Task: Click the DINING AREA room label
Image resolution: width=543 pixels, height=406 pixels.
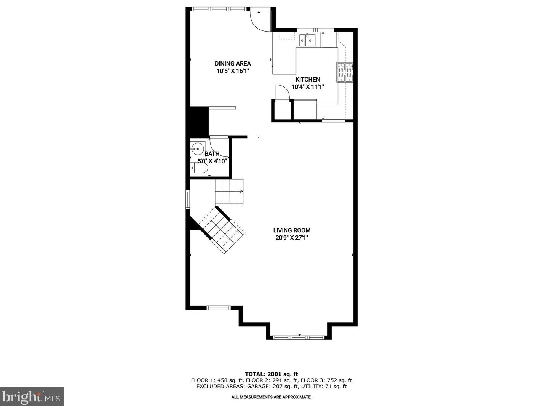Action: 233,64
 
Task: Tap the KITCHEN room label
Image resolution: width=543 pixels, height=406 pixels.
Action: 308,79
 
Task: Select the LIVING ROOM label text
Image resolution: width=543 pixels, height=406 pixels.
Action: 292,230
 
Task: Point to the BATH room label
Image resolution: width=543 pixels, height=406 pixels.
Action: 212,154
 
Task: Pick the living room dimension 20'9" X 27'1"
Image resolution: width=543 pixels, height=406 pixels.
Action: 292,238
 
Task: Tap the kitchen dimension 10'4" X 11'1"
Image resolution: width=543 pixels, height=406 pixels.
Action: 308,87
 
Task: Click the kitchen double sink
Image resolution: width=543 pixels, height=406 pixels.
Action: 307,40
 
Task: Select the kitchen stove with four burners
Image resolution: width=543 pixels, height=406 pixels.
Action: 345,72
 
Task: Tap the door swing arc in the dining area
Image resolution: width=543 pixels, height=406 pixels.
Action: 260,21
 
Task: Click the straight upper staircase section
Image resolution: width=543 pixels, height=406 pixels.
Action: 229,192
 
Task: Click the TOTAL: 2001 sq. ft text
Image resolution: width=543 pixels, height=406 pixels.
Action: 271,374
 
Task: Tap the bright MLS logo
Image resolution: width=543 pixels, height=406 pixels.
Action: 32,397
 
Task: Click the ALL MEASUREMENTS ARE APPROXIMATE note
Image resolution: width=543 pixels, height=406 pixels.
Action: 271,397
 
